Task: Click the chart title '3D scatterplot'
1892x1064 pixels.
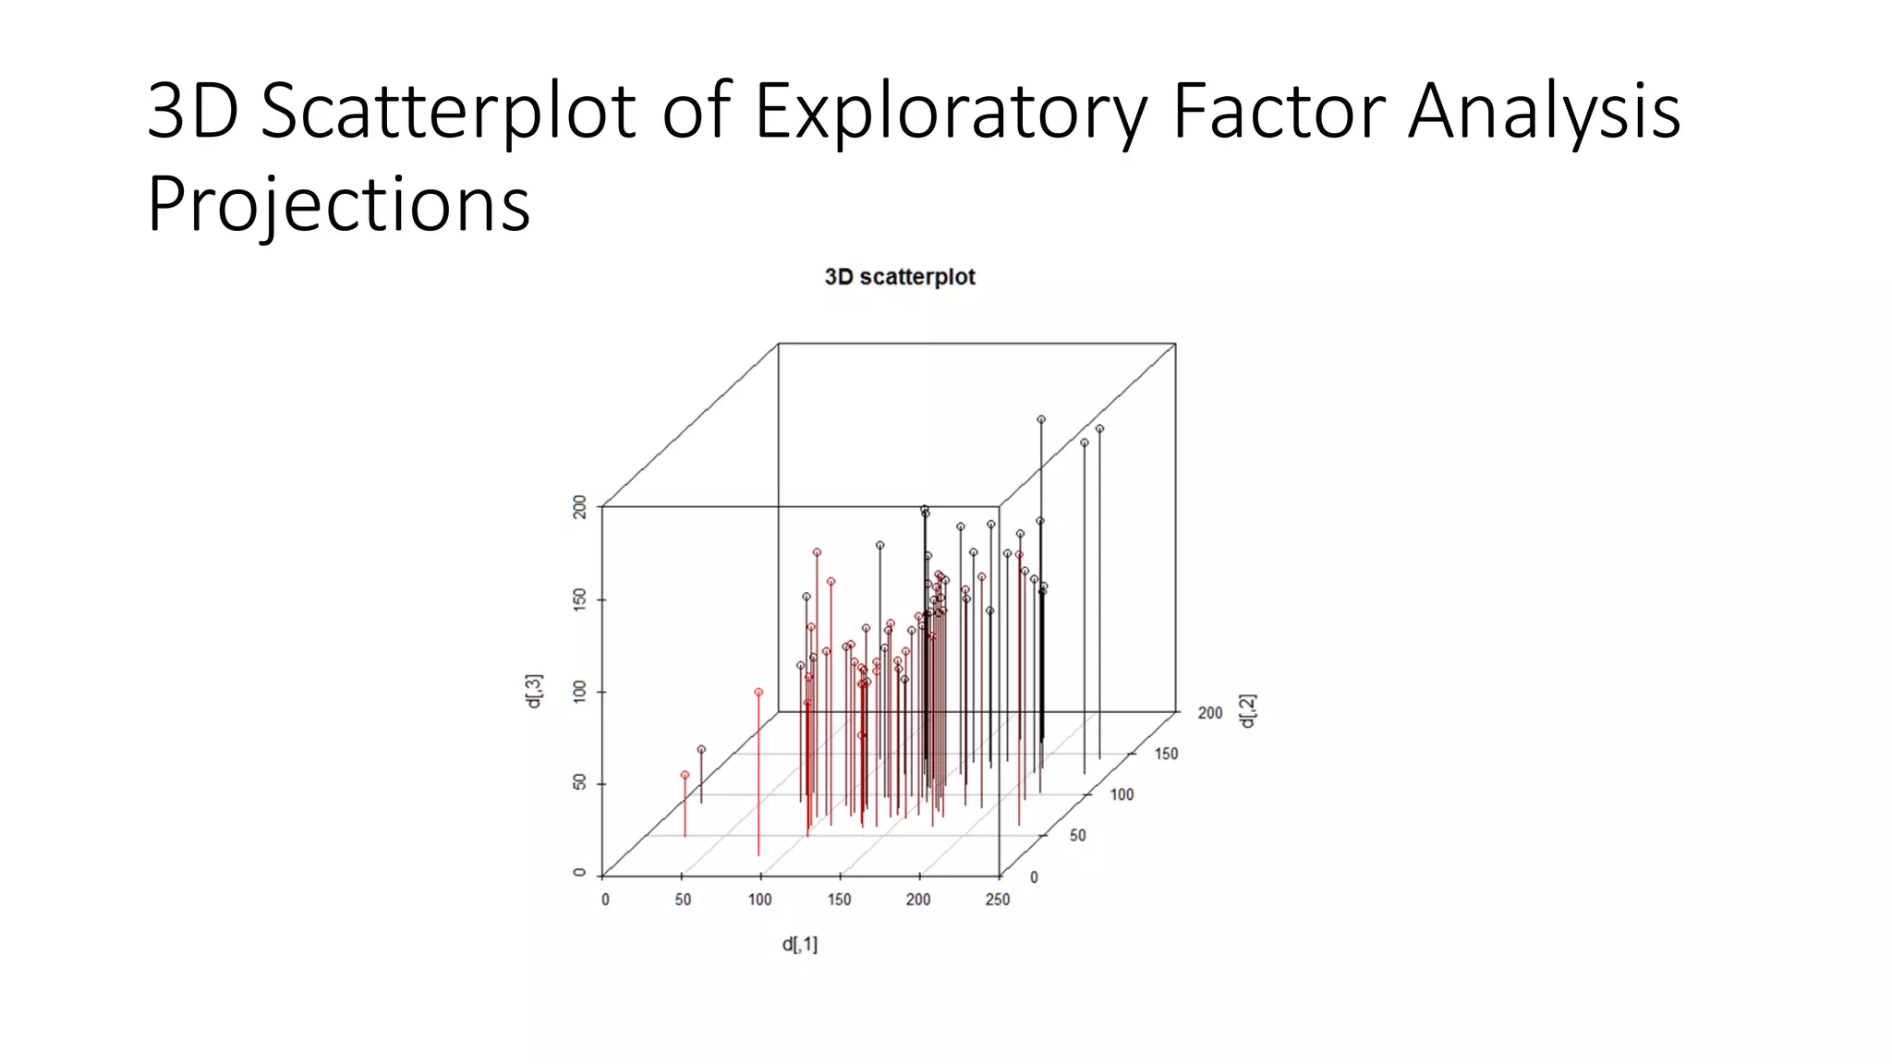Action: point(899,277)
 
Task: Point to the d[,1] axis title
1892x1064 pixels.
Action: point(799,944)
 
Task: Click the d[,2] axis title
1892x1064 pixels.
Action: point(1247,711)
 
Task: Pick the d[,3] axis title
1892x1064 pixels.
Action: point(534,691)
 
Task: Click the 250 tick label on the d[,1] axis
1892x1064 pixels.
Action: point(997,900)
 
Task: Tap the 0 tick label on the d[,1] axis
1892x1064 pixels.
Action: point(605,900)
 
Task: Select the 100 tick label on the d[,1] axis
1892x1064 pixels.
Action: point(759,900)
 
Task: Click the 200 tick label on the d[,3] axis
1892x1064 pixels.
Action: point(579,507)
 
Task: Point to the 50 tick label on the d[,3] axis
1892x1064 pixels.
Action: point(579,782)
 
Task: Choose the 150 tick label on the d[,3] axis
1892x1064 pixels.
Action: point(579,599)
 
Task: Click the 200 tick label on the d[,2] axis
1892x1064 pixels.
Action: point(1209,713)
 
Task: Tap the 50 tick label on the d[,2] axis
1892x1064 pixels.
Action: point(1077,836)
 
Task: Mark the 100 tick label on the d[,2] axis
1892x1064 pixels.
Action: point(1122,794)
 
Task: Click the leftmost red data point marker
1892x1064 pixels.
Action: point(685,775)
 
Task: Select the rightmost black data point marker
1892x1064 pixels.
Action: point(1099,429)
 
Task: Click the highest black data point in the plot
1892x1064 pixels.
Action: point(1041,419)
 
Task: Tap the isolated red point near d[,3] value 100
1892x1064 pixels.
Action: point(758,692)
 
